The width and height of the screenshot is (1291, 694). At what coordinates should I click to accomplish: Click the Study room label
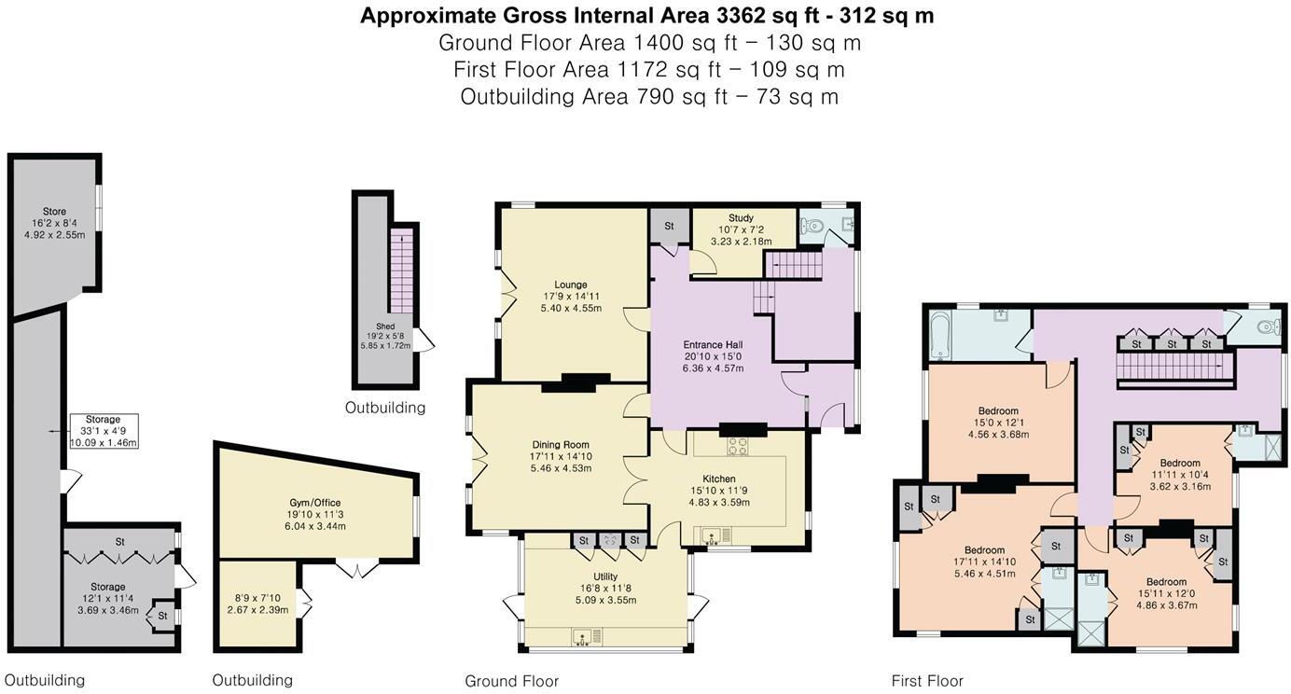click(741, 218)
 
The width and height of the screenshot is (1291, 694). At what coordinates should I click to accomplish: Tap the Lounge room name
click(571, 285)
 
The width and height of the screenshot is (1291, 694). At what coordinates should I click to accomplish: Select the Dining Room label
click(561, 444)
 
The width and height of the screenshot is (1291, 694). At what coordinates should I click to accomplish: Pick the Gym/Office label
click(314, 503)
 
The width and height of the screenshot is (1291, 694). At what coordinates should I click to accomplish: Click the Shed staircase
click(401, 271)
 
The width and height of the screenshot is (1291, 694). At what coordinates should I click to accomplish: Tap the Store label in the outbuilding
click(54, 212)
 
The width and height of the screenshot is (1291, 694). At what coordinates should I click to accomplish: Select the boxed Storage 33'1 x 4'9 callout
click(104, 431)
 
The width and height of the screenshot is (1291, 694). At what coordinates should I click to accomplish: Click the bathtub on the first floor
click(938, 336)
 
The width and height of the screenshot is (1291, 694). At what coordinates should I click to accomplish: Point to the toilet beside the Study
click(812, 226)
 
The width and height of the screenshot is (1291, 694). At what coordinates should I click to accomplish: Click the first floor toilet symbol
click(1268, 327)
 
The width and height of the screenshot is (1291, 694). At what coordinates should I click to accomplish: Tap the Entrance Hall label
click(713, 345)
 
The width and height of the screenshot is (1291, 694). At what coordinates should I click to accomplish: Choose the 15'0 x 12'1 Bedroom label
click(998, 423)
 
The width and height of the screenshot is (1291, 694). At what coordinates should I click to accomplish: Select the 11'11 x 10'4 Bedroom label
click(1180, 475)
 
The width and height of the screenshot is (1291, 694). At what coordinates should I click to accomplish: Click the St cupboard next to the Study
click(670, 226)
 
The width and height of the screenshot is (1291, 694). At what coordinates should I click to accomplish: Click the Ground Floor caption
click(512, 681)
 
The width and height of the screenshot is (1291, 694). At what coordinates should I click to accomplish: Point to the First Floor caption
click(927, 681)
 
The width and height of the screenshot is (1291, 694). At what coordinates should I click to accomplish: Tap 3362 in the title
click(739, 16)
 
